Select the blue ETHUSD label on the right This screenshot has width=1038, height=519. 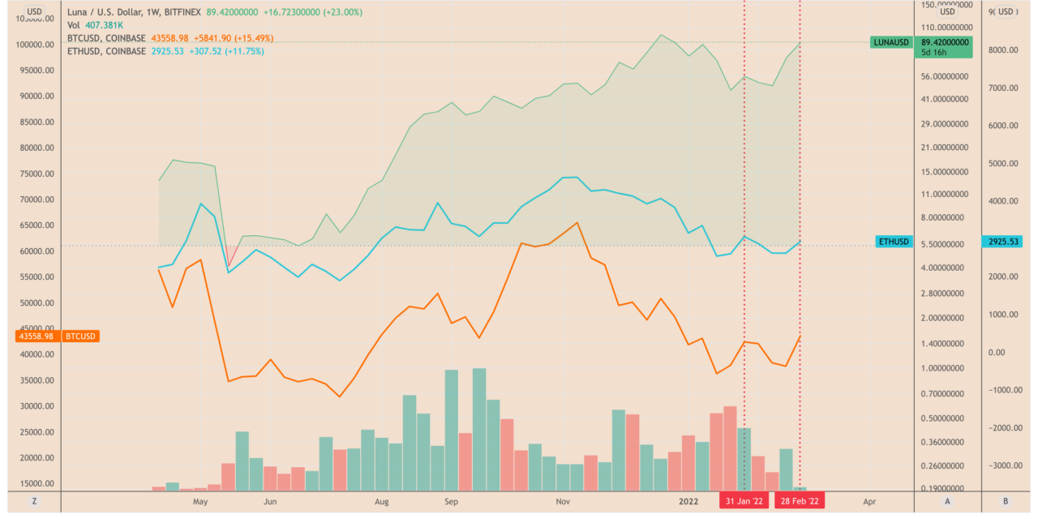[x=894, y=242]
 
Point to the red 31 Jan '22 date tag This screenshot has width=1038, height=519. [x=744, y=501]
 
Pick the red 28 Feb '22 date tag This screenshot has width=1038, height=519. [x=800, y=501]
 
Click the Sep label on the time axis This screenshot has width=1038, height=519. [x=451, y=501]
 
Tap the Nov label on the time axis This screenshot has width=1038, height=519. [x=563, y=501]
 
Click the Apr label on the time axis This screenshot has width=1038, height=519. [x=869, y=501]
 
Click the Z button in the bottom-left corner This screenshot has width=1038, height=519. [x=35, y=502]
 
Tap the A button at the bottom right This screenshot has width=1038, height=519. [x=946, y=502]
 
